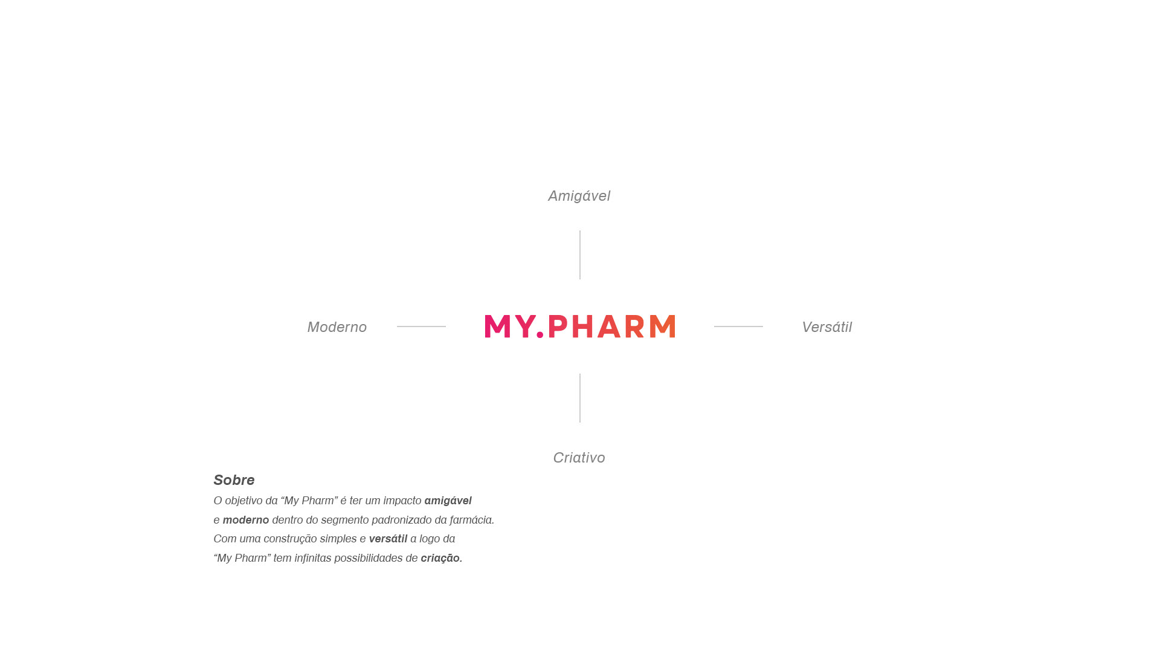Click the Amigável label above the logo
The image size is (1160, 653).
[x=579, y=196]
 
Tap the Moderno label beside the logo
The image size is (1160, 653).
[x=337, y=327]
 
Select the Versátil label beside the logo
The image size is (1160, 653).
[x=826, y=327]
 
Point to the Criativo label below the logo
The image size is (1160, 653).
[x=579, y=458]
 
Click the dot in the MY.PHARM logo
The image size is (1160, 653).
[x=540, y=334]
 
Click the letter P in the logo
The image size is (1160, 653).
[x=558, y=326]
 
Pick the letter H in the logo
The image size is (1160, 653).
[x=583, y=326]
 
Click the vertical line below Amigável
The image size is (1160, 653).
[x=580, y=255]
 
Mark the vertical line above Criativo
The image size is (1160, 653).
[x=580, y=398]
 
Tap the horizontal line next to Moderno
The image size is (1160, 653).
[x=421, y=326]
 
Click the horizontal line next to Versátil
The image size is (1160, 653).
[x=738, y=326]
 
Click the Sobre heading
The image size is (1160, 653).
[x=234, y=480]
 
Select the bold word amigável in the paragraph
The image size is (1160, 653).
[x=448, y=501]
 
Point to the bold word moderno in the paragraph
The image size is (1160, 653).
[x=246, y=520]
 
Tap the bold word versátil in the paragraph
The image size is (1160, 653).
[x=388, y=539]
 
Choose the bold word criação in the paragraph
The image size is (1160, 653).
[x=440, y=558]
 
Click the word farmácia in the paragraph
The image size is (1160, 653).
[x=471, y=520]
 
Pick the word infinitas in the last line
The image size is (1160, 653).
[x=312, y=558]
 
